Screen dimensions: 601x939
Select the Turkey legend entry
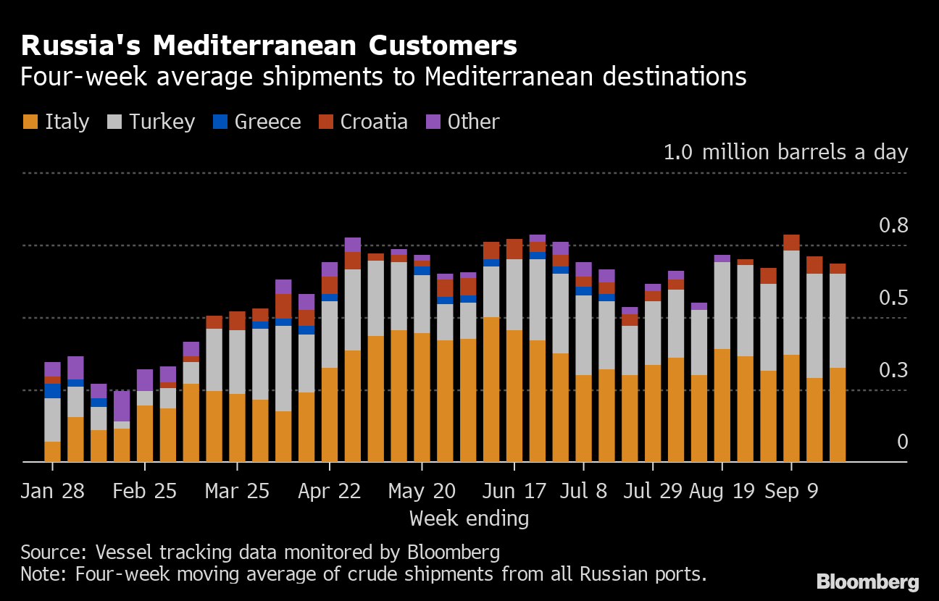click(151, 122)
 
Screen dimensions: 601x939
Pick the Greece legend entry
click(256, 122)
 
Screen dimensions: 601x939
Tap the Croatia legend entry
click(363, 122)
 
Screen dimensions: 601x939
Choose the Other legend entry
click(463, 122)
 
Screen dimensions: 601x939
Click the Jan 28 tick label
click(52, 491)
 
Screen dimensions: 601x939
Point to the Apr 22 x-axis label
click(329, 491)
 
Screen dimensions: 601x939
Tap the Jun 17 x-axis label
click(514, 491)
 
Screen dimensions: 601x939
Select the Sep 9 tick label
click(791, 491)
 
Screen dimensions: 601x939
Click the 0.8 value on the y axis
click(893, 225)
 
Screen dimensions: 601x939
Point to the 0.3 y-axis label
click(893, 370)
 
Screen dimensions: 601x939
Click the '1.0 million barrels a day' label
click(785, 153)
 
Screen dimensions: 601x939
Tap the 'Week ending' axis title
click(469, 518)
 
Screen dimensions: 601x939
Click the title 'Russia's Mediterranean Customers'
click(269, 46)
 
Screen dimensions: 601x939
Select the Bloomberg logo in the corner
click(867, 581)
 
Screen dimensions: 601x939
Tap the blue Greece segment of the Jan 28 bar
click(52, 391)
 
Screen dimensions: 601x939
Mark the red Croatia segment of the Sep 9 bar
click(791, 243)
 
